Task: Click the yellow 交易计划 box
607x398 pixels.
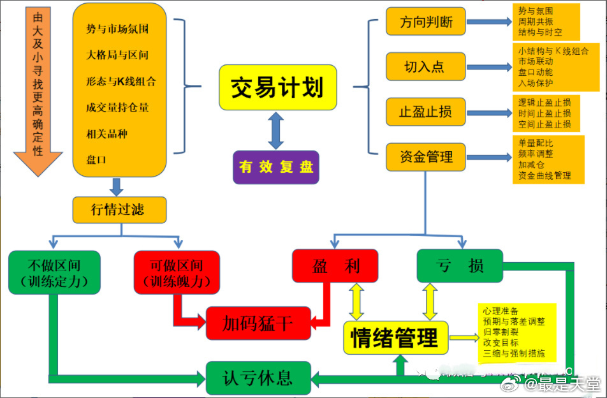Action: [x=277, y=87]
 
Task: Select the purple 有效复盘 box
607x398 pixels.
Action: [x=276, y=167]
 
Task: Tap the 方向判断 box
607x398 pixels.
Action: [x=425, y=22]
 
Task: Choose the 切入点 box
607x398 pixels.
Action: [x=425, y=66]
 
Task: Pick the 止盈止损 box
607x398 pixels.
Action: [x=425, y=112]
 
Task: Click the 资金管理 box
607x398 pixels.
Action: [x=425, y=156]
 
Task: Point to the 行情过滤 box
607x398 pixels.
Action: [x=119, y=210]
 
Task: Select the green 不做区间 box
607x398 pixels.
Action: [x=54, y=272]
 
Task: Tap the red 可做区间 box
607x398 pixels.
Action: [x=177, y=272]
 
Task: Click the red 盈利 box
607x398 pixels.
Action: [x=335, y=265]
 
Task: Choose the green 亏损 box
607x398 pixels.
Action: [x=459, y=265]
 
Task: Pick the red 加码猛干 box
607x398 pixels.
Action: [x=258, y=323]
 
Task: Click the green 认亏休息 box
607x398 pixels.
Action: [x=258, y=377]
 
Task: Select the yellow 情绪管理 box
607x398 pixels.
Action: [x=395, y=337]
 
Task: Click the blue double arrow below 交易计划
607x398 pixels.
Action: [x=275, y=130]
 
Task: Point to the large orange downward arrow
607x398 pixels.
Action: [x=38, y=89]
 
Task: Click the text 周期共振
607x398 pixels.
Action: [x=536, y=21]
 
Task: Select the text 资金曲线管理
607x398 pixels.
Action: [x=545, y=175]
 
